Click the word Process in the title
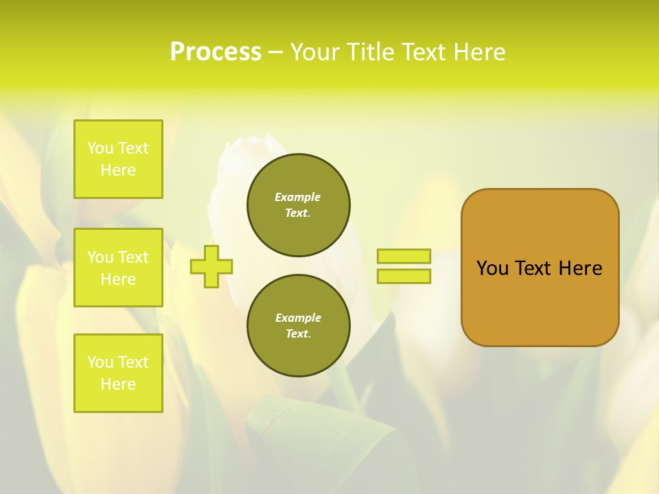pyautogui.click(x=216, y=52)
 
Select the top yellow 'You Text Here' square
pyautogui.click(x=118, y=159)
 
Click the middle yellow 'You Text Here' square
pyautogui.click(x=118, y=268)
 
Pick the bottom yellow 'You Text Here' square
pyautogui.click(x=118, y=373)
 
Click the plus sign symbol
pyautogui.click(x=211, y=266)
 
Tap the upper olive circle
pyautogui.click(x=299, y=205)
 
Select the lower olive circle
pyautogui.click(x=299, y=326)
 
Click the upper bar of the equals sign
pyautogui.click(x=404, y=256)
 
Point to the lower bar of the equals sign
pyautogui.click(x=404, y=276)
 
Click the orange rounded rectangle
pyautogui.click(x=540, y=302)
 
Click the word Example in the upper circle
pyautogui.click(x=297, y=197)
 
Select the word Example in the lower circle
pyautogui.click(x=298, y=318)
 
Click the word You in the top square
pyautogui.click(x=100, y=148)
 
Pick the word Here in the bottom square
pyautogui.click(x=118, y=384)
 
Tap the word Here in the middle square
pyautogui.click(x=118, y=279)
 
